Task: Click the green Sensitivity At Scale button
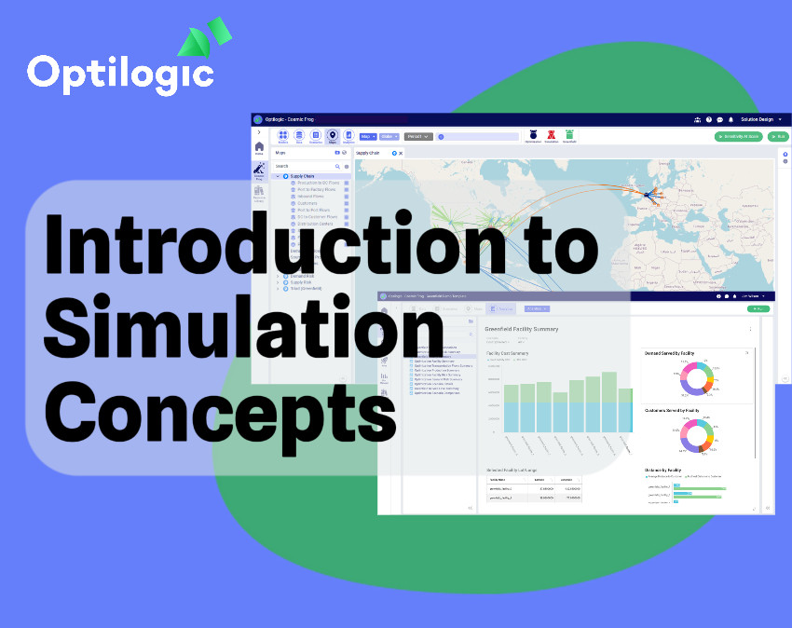[x=739, y=136]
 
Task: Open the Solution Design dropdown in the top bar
[x=760, y=119]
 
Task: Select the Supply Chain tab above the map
[x=370, y=152]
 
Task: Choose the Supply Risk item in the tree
[x=300, y=281]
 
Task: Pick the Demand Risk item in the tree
[x=303, y=276]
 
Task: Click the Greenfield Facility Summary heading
[x=522, y=329]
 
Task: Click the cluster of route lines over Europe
[x=647, y=195]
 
